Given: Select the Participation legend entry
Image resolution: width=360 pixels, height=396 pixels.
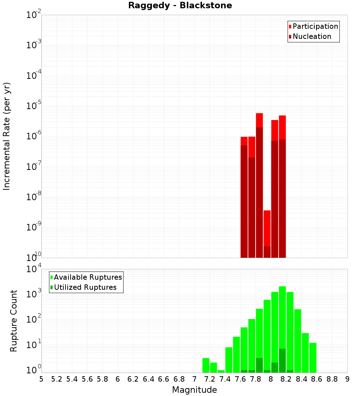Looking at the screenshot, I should (x=313, y=27).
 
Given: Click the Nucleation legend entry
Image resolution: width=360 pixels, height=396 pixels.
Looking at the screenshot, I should (x=310, y=37).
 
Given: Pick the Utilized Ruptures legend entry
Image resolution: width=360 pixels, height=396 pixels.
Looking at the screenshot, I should (x=83, y=288).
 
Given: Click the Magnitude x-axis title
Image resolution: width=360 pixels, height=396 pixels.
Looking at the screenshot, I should (x=194, y=390).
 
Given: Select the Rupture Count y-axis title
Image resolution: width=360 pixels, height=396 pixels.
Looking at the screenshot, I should (x=14, y=321).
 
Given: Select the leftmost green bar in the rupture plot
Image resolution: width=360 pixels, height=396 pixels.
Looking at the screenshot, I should (x=206, y=365).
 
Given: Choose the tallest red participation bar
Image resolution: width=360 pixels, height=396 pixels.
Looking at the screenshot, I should (x=260, y=180).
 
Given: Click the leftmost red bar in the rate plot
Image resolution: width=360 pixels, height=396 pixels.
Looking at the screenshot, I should (x=244, y=198).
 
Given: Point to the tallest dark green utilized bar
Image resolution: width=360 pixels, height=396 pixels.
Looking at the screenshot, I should (x=282, y=360).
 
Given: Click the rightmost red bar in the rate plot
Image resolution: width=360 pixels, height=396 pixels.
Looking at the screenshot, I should (x=282, y=187).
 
